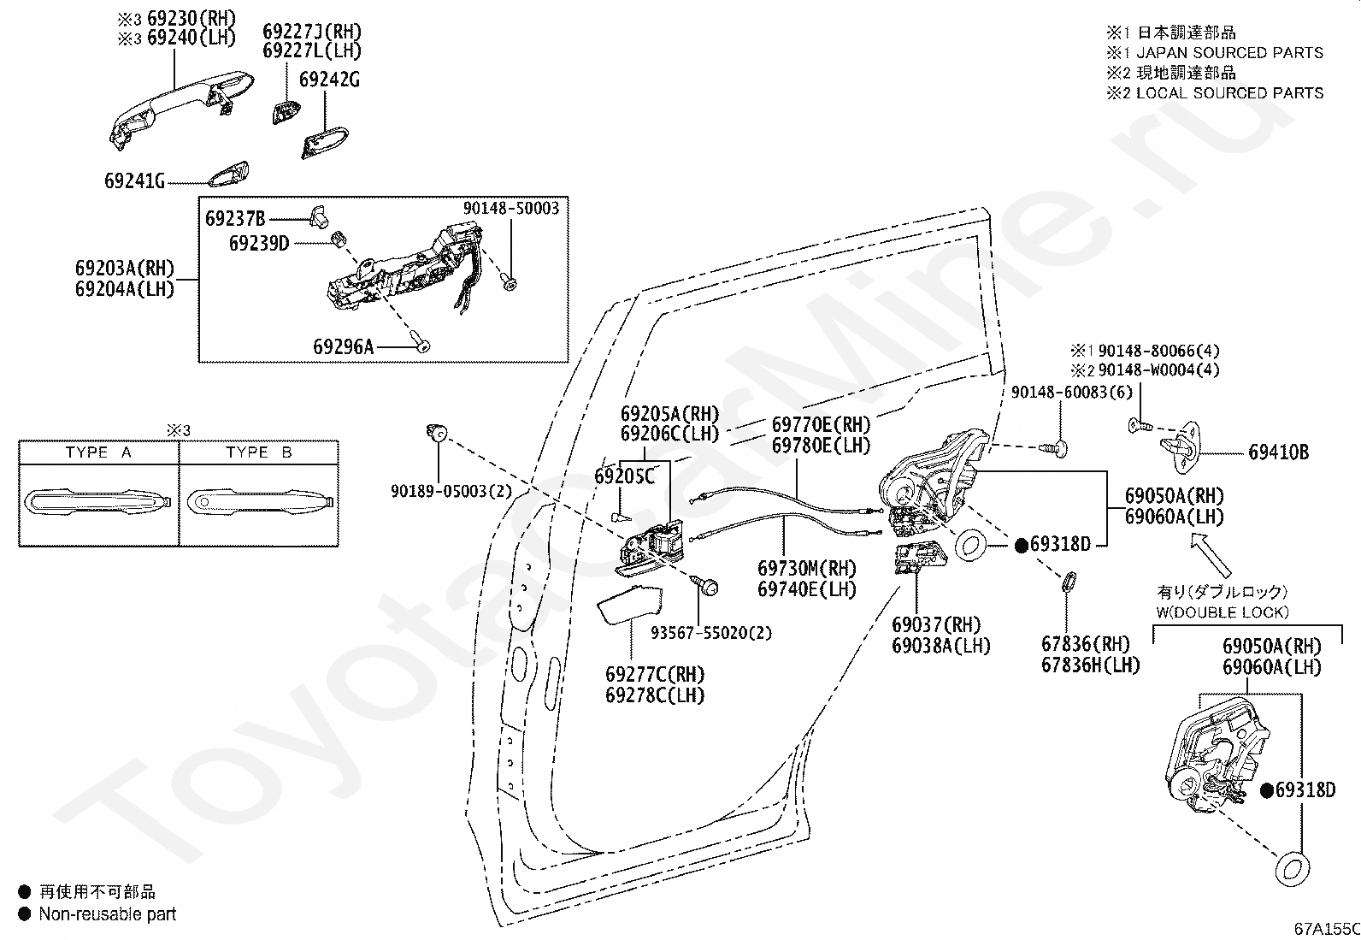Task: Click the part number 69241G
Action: [x=134, y=181]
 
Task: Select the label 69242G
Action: [x=329, y=80]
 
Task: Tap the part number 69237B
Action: [x=235, y=218]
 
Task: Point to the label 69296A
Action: [x=344, y=346]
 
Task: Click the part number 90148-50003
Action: [x=511, y=208]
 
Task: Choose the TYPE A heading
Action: [x=98, y=452]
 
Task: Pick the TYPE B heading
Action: [x=258, y=452]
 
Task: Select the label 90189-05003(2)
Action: [x=439, y=491]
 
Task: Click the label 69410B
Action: [x=1278, y=452]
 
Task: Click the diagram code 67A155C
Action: [x=1326, y=929]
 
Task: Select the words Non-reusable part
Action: [x=108, y=914]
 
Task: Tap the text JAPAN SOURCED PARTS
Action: [x=1229, y=53]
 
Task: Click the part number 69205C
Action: [x=624, y=476]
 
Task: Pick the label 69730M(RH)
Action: [x=807, y=568]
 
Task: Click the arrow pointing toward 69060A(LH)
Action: [x=1214, y=553]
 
